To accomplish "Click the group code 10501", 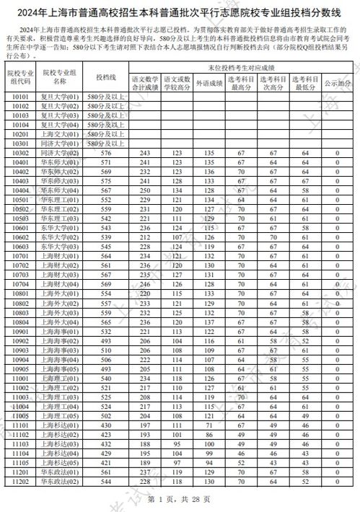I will point(21,199).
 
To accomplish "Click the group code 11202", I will point(21,481).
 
